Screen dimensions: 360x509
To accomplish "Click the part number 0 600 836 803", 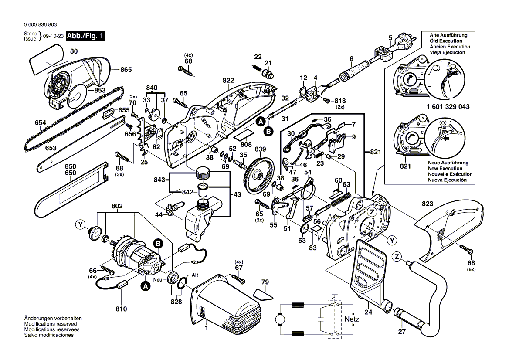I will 40,25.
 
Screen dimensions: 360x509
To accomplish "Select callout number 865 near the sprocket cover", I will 126,69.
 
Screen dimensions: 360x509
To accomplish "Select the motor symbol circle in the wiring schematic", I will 278,320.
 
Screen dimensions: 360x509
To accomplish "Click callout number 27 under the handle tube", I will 402,331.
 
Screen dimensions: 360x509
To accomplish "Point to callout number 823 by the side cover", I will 428,203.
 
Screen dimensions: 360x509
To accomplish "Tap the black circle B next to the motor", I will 157,243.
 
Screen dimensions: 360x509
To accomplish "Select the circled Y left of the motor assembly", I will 80,224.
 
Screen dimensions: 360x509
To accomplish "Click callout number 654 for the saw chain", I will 41,123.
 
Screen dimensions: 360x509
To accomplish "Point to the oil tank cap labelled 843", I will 202,174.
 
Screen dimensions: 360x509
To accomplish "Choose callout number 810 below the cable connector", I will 121,309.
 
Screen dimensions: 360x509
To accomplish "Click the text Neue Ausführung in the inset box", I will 448,163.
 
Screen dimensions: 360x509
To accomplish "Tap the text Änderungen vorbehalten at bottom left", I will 53,319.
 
